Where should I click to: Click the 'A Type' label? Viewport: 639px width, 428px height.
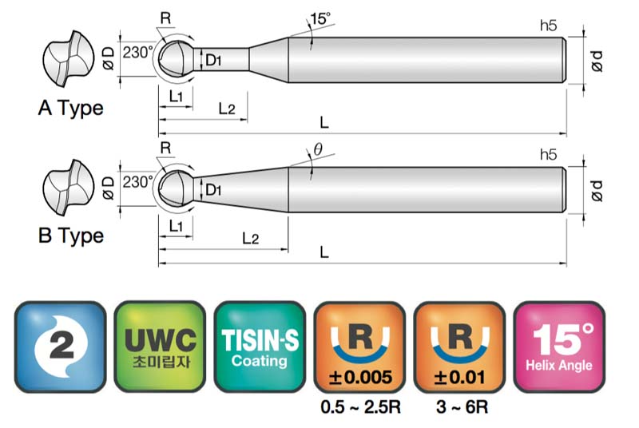[x=71, y=109]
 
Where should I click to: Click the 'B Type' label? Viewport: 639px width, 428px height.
[x=71, y=236]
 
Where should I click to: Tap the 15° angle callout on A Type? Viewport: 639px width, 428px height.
[x=320, y=18]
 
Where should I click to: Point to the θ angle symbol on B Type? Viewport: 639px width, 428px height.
[x=318, y=149]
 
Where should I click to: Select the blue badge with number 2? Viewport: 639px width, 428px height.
[x=61, y=347]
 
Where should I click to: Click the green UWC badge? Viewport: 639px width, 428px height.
[x=160, y=347]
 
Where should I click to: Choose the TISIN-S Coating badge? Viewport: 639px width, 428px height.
[x=260, y=347]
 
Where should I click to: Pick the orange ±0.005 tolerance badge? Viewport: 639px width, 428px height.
[x=359, y=347]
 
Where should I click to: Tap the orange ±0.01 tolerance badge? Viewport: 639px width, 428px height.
[x=459, y=347]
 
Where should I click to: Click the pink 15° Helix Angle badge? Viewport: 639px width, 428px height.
[x=559, y=347]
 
